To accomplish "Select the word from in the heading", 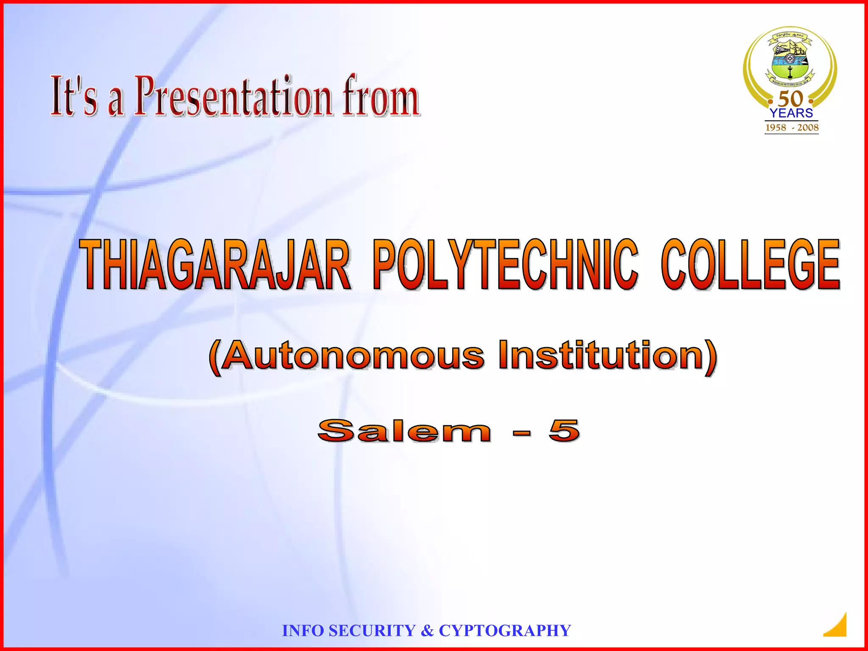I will click(x=381, y=97).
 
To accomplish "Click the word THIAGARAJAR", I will click(x=216, y=264).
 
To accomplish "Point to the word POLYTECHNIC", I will click(x=505, y=264).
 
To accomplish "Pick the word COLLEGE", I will click(x=751, y=264).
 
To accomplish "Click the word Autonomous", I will click(x=352, y=356).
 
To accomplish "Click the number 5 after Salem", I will click(x=564, y=431).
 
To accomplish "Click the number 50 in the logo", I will click(x=791, y=99).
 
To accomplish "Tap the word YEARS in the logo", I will click(x=791, y=113).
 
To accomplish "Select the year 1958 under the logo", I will click(x=776, y=128).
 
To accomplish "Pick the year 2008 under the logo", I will click(x=808, y=128).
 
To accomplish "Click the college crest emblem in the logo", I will click(x=790, y=57).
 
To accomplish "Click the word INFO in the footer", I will click(x=303, y=631).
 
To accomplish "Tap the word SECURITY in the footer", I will click(x=372, y=631).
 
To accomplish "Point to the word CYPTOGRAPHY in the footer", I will click(x=505, y=631).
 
